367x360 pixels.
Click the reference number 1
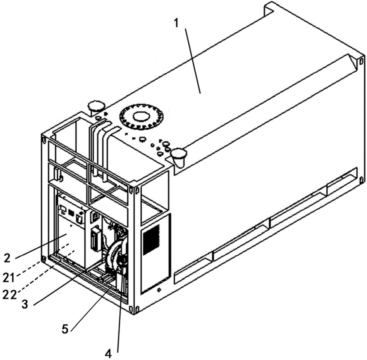[177, 23]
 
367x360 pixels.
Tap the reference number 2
[8, 258]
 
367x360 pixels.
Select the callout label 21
[9, 278]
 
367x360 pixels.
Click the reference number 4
[108, 353]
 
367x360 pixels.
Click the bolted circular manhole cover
[142, 116]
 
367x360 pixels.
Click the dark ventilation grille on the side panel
[151, 240]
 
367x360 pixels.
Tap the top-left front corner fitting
[44, 138]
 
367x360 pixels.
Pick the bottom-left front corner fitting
[43, 259]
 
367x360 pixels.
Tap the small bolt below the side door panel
[159, 290]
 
